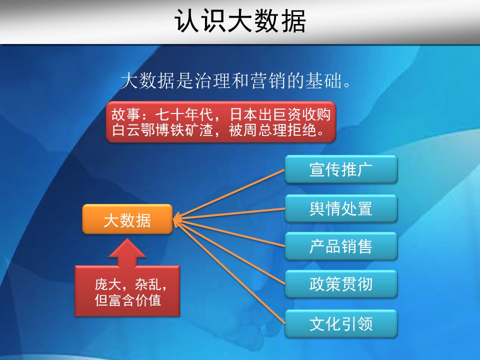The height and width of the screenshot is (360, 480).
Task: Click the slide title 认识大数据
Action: coord(240,21)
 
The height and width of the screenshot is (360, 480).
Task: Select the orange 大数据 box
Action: coord(127,219)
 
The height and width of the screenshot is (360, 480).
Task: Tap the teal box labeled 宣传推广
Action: coord(341,169)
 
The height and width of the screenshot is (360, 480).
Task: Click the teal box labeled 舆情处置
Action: coord(341,208)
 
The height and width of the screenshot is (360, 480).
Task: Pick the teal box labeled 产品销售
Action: coord(341,246)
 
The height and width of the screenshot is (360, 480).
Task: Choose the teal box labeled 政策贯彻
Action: coord(341,284)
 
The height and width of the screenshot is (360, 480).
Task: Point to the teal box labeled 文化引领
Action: coord(341,323)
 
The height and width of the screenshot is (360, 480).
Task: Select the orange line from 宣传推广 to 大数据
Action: coord(229,194)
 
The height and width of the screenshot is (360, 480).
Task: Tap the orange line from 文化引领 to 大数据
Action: coord(229,272)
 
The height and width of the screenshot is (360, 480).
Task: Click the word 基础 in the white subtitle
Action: coord(323,81)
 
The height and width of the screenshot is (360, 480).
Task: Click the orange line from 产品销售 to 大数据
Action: coord(229,233)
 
